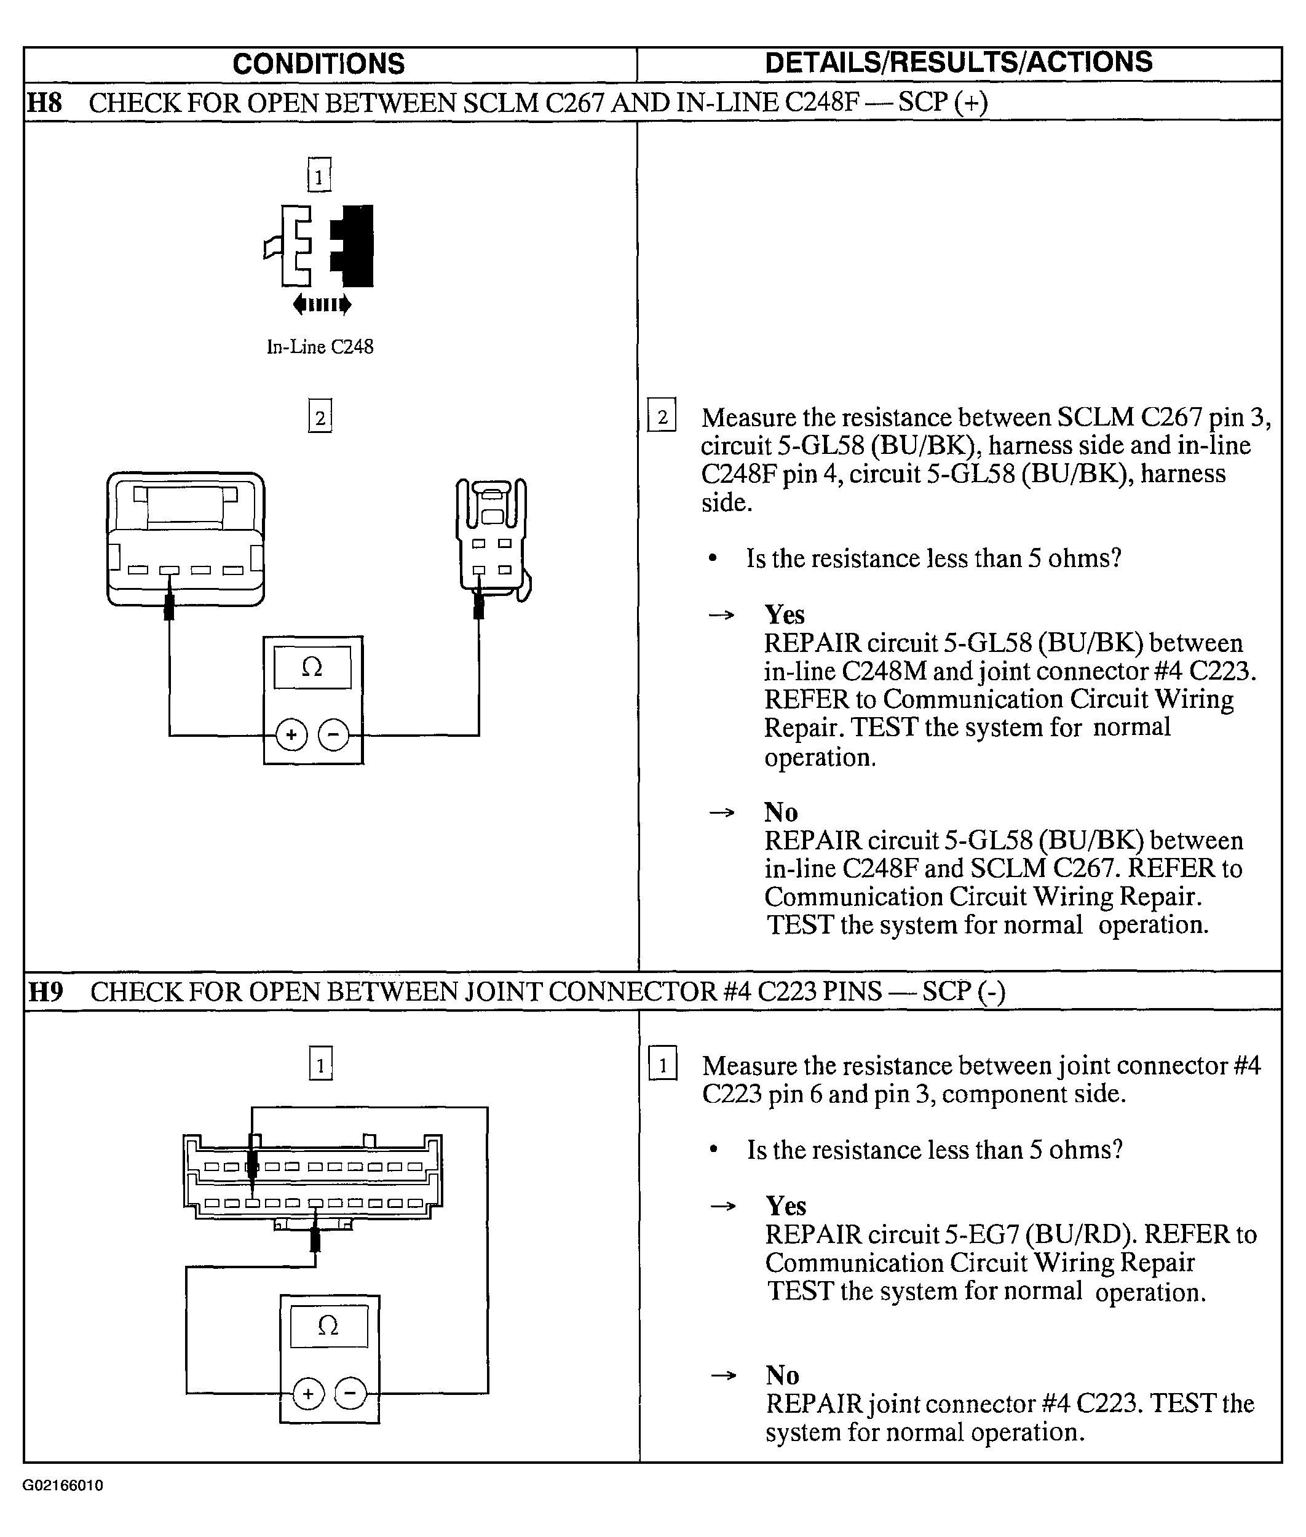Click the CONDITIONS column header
(319, 64)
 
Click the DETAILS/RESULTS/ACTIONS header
(958, 62)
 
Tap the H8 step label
(44, 102)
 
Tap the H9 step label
(45, 991)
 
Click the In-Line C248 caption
(320, 346)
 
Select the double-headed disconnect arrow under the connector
(322, 304)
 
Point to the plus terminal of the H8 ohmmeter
(291, 735)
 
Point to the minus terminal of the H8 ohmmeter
(333, 735)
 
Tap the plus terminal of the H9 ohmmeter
(309, 1394)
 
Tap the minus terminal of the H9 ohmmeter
(351, 1394)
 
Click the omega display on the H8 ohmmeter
(312, 667)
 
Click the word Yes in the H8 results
(784, 614)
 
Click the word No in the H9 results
(782, 1375)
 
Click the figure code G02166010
(63, 1485)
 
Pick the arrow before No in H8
(722, 812)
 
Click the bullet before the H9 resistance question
(714, 1150)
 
